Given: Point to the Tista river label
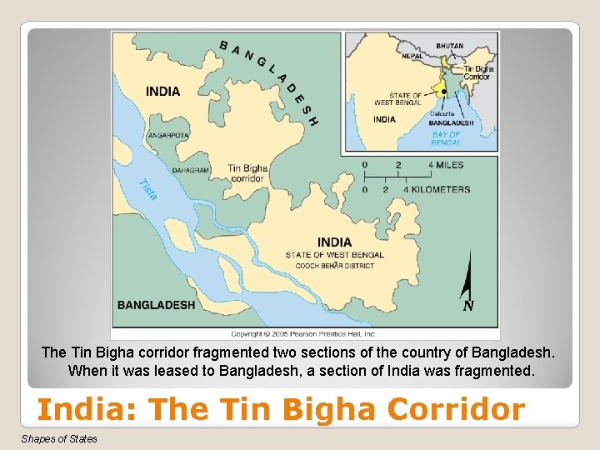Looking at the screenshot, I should (147, 189).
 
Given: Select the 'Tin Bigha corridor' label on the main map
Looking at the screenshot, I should (247, 172).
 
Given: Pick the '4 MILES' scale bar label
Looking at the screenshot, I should (447, 165).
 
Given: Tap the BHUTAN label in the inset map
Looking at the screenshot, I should (449, 46).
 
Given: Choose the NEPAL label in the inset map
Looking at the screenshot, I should (412, 56).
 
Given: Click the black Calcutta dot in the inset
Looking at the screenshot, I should (444, 92).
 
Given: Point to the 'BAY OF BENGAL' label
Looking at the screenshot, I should (446, 137).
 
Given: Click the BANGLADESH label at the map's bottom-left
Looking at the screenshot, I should (156, 305).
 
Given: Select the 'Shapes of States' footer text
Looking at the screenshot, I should (59, 439).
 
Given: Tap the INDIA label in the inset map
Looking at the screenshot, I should (384, 119).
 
